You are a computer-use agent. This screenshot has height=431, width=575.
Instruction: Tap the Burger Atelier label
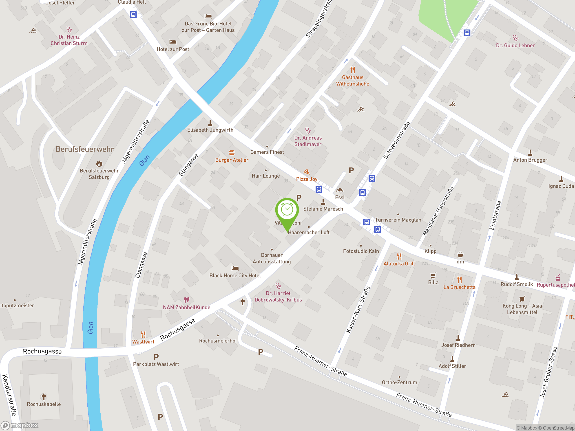(x=232, y=160)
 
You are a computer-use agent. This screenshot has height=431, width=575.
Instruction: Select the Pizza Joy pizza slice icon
(x=307, y=172)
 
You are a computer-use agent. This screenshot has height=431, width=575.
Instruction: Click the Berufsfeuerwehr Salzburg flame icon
(x=99, y=163)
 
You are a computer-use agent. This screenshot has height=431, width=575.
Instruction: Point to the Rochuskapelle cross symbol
(x=44, y=397)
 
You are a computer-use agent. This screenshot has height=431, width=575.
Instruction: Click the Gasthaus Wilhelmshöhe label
(x=352, y=81)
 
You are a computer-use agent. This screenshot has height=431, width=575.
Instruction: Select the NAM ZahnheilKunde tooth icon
(x=186, y=300)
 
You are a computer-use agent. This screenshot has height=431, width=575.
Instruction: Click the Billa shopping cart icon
(x=433, y=275)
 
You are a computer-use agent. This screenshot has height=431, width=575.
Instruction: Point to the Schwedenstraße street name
(x=396, y=140)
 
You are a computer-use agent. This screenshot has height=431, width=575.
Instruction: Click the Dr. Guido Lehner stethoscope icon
(x=515, y=38)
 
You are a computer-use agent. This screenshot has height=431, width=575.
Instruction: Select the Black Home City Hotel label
(x=235, y=275)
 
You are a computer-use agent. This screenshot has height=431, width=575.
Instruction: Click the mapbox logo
(x=20, y=425)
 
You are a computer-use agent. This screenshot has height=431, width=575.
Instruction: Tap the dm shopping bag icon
(x=460, y=254)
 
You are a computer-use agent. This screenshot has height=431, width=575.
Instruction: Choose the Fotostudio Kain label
(x=361, y=251)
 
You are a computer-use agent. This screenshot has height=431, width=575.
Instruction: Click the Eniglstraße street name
(x=495, y=215)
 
